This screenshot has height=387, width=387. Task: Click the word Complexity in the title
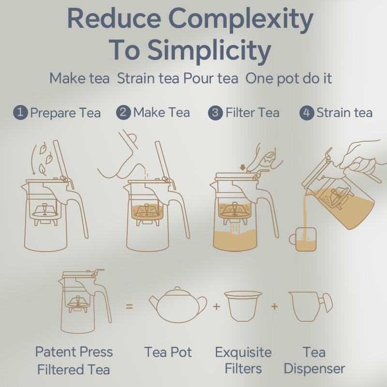(x=241, y=20)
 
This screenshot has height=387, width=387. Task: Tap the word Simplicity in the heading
(x=209, y=51)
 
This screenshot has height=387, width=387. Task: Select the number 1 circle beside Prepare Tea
(x=20, y=113)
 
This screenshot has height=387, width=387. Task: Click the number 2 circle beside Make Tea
(x=123, y=113)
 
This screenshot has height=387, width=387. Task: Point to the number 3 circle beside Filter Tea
(x=215, y=113)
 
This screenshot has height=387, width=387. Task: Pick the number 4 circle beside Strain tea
(x=307, y=113)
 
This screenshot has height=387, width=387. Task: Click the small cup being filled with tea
(x=303, y=239)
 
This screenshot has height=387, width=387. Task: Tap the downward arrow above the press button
(x=243, y=167)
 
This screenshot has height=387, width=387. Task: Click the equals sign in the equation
(x=129, y=307)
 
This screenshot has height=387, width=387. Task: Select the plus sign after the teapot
(x=216, y=307)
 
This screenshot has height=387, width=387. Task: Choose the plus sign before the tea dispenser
(x=274, y=307)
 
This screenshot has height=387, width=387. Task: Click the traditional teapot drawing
(x=178, y=305)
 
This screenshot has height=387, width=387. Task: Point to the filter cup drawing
(x=243, y=306)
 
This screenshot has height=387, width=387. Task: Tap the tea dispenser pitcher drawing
(x=311, y=307)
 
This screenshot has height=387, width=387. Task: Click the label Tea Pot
(x=168, y=352)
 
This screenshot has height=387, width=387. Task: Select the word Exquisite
(x=243, y=353)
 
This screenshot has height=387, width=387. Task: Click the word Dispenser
(x=314, y=369)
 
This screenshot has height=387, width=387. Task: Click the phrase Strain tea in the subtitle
(x=148, y=78)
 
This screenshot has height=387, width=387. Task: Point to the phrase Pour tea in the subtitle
(x=211, y=78)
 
